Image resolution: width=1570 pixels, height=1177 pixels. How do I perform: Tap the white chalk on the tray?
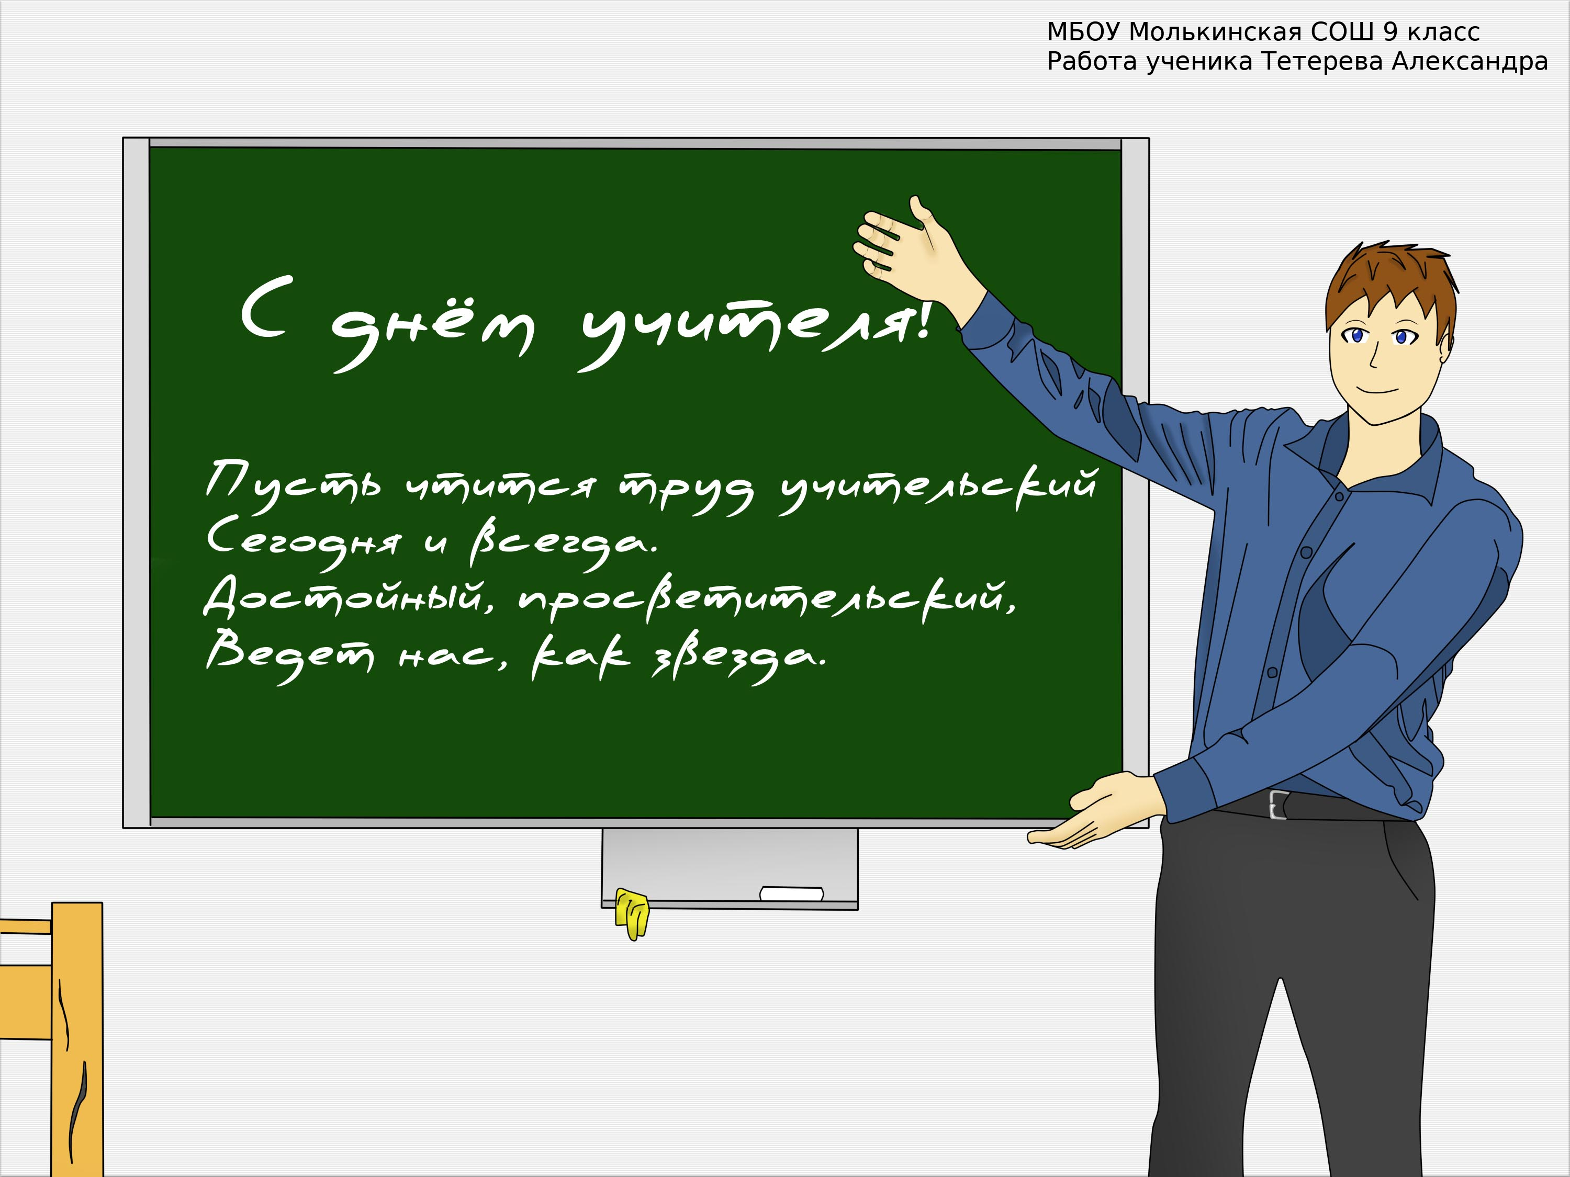791,893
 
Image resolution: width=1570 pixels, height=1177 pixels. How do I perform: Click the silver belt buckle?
1277,805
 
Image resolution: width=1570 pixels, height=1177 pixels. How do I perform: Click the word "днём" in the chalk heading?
433,333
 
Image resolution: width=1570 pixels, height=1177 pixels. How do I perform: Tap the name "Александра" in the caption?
1469,62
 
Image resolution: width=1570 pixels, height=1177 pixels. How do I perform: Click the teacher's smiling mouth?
1377,390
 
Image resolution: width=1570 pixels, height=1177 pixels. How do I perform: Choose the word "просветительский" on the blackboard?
767,599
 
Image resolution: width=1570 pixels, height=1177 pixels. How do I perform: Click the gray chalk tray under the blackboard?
730,868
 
